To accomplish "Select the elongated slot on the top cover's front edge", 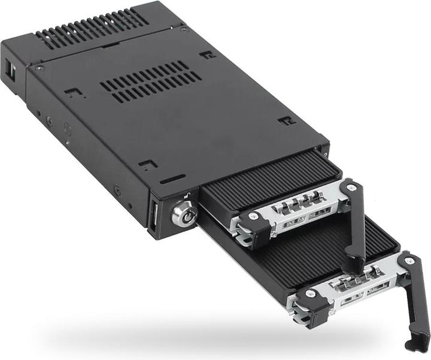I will click(172, 179).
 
